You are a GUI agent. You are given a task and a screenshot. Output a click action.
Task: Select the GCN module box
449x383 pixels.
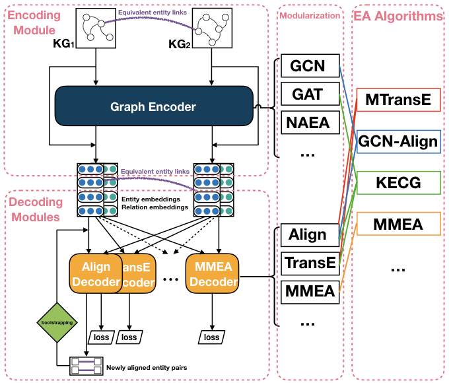click(x=308, y=66)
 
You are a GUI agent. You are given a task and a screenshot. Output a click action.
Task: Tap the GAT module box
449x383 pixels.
click(x=308, y=94)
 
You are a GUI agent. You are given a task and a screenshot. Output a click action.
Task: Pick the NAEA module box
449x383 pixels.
click(x=308, y=122)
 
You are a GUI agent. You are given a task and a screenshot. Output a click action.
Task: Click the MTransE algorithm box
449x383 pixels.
click(x=398, y=100)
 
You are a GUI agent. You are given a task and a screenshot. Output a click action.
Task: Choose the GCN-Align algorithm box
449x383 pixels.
click(x=398, y=141)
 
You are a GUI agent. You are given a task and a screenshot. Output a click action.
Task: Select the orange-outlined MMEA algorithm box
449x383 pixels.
click(x=398, y=224)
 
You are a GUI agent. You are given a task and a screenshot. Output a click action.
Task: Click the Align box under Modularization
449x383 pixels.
click(x=308, y=234)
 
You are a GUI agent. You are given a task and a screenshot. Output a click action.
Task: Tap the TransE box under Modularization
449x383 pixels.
click(x=308, y=262)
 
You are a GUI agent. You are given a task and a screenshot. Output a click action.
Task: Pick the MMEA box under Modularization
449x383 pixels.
click(x=308, y=289)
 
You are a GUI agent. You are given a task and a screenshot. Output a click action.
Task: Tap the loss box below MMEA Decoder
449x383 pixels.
click(x=211, y=337)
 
